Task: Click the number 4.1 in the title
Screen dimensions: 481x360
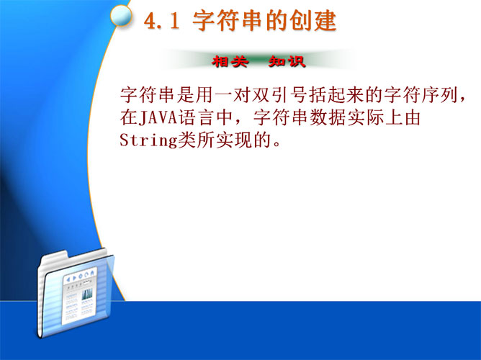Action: coord(162,21)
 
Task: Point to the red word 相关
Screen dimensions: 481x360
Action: coord(230,61)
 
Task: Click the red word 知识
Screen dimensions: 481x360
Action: coord(287,61)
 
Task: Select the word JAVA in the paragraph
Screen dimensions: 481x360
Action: coord(158,118)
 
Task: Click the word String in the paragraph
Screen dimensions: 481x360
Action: coord(148,140)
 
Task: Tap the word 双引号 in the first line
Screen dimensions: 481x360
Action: coord(280,95)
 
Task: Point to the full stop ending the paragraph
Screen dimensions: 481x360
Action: coord(277,145)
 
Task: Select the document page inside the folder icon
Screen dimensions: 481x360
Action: coord(79,295)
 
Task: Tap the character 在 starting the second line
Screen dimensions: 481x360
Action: coord(129,118)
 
